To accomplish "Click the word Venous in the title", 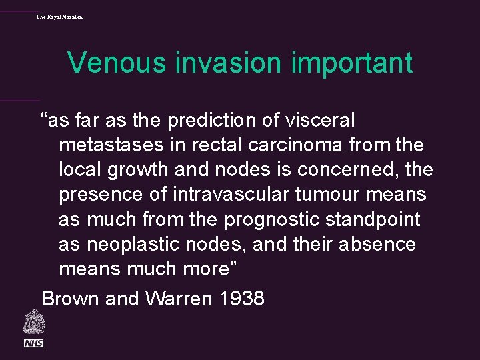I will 116,63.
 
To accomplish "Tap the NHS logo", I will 33,343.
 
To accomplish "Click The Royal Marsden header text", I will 60,16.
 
